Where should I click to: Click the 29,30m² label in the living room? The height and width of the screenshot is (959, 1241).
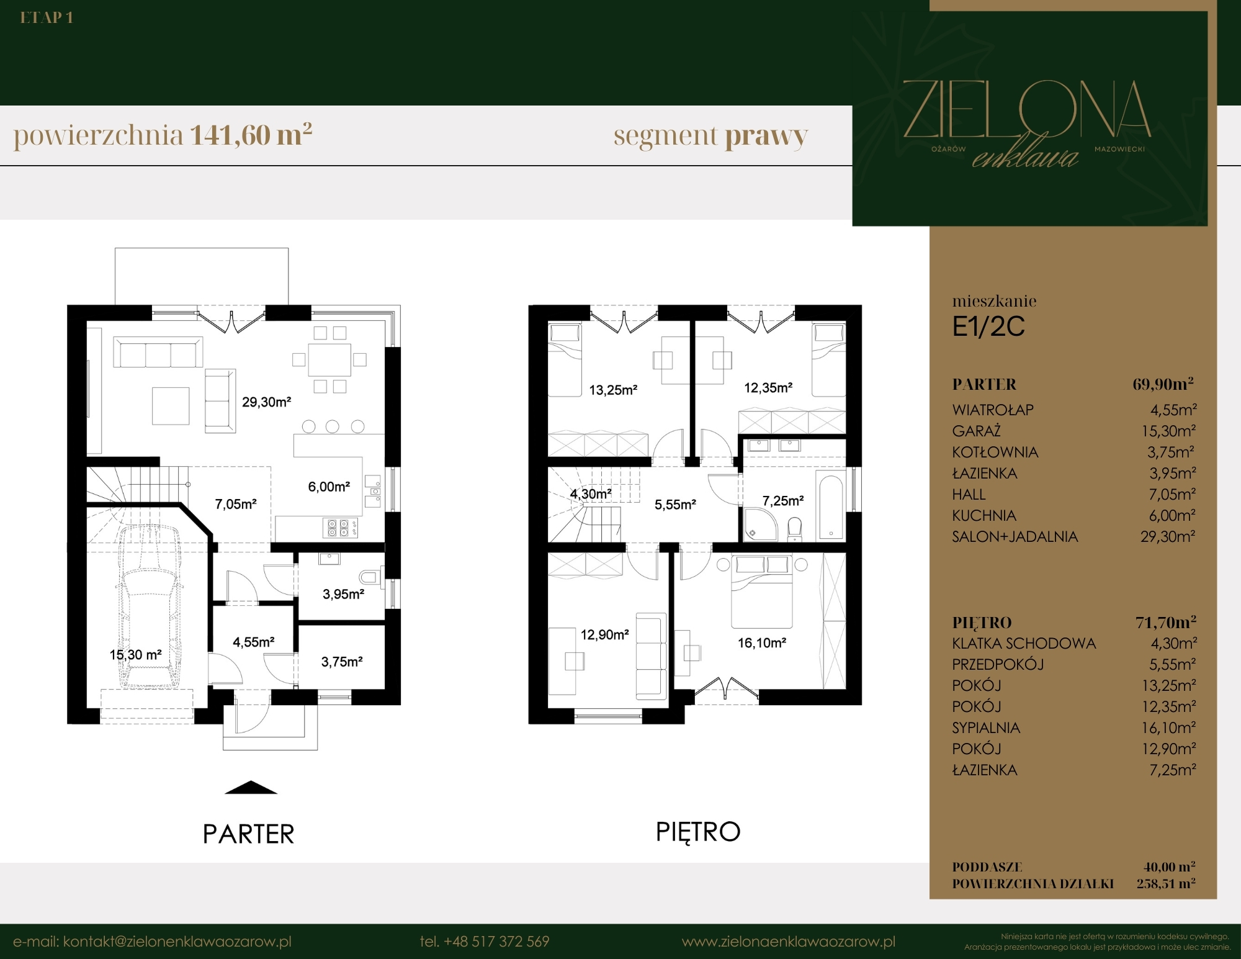point(266,402)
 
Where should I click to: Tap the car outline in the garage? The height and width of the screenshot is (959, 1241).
point(150,605)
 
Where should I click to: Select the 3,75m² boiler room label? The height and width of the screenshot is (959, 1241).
point(342,662)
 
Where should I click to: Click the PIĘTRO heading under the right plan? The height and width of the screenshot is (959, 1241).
point(698,832)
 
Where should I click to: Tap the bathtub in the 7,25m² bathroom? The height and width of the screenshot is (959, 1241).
point(830,507)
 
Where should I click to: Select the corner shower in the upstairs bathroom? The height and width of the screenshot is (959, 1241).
point(761,525)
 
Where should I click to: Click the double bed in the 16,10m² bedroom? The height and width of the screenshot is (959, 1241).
point(761,592)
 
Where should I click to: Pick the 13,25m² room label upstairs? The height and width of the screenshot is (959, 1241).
point(613,390)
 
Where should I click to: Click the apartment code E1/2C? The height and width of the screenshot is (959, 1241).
point(988,326)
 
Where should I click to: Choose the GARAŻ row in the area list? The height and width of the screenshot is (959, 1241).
point(1074,431)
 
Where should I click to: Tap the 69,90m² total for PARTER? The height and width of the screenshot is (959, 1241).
point(1163,384)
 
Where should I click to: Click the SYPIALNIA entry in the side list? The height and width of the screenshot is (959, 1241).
point(986,727)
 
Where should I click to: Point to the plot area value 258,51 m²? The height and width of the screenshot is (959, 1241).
point(1166,883)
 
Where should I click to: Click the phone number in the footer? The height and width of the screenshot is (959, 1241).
point(484,942)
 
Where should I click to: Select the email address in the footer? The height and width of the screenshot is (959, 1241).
point(152,942)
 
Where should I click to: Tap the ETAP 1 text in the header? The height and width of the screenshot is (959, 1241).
point(47,18)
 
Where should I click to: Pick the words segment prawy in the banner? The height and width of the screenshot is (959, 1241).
point(710,136)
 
